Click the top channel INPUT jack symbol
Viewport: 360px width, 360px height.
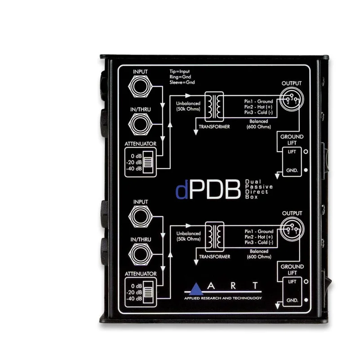(140, 86)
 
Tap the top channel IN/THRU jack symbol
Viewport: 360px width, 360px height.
(140, 124)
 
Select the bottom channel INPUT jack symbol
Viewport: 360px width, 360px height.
(141, 216)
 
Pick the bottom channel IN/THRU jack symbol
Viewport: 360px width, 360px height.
(141, 254)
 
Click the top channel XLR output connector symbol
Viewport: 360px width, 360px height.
(292, 99)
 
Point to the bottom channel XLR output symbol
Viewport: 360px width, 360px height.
(292, 229)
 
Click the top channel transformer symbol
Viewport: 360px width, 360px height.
(214, 107)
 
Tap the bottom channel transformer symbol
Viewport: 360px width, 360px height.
(214, 236)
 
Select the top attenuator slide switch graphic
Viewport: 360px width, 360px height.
(148, 162)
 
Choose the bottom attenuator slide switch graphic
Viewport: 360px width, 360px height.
(148, 292)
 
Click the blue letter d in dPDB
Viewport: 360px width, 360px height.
(182, 189)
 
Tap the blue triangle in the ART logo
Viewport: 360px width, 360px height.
(196, 289)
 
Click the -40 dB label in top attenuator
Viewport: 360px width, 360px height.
(134, 168)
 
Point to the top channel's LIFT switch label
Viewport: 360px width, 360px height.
(292, 152)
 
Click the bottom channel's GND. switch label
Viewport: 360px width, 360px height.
(292, 300)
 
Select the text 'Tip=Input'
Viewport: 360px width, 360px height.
(179, 72)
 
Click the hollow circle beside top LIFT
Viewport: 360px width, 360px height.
(306, 152)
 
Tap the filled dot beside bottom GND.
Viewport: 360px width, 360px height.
(306, 300)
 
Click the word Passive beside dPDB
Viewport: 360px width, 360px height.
(259, 187)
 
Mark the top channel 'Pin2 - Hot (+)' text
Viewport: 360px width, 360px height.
(258, 107)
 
